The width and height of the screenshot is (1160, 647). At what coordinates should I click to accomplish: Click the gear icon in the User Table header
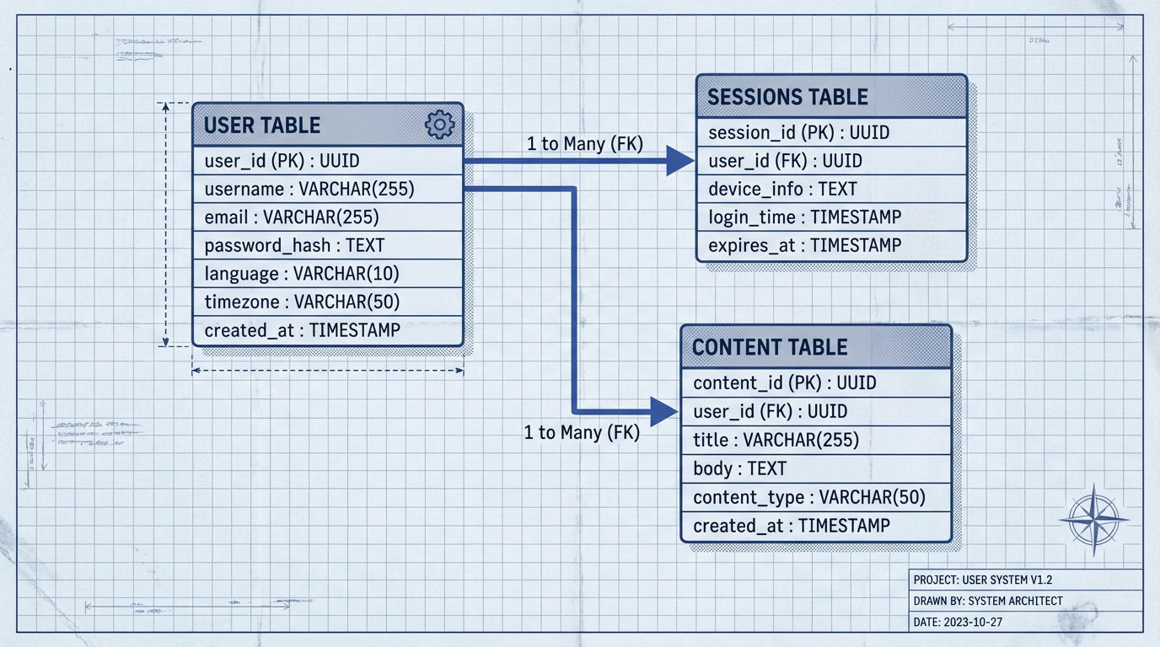pos(439,125)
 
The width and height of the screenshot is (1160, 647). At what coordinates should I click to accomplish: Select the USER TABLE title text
pos(262,126)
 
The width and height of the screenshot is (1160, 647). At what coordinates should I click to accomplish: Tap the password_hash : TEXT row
pos(294,245)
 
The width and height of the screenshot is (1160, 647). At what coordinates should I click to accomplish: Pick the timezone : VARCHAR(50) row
pos(302,302)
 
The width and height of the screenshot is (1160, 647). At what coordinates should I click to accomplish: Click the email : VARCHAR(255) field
pos(292,217)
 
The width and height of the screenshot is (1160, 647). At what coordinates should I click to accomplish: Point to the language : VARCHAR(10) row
pos(302,274)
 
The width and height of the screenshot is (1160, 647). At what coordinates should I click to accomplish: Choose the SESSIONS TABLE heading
pos(787,97)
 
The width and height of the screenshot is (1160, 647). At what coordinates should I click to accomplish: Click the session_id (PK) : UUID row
pos(798,132)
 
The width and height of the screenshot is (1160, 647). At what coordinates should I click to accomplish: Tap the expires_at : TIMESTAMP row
pos(804,245)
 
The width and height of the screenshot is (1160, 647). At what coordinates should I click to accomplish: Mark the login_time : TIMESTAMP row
pos(804,217)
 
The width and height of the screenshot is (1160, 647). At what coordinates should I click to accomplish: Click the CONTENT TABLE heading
pos(770,347)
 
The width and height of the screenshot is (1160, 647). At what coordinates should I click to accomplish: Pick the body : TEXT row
pos(739,468)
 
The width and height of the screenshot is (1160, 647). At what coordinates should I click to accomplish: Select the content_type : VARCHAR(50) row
pos(808,497)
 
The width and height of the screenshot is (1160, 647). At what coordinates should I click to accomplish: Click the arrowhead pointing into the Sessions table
pos(679,160)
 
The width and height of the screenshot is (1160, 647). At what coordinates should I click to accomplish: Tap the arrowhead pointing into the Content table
pos(664,412)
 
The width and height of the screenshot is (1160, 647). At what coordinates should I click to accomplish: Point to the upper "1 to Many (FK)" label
pos(585,144)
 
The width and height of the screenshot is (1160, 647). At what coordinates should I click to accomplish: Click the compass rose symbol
pos(1093,519)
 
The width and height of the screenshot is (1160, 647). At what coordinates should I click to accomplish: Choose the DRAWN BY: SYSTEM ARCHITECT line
pos(988,601)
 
